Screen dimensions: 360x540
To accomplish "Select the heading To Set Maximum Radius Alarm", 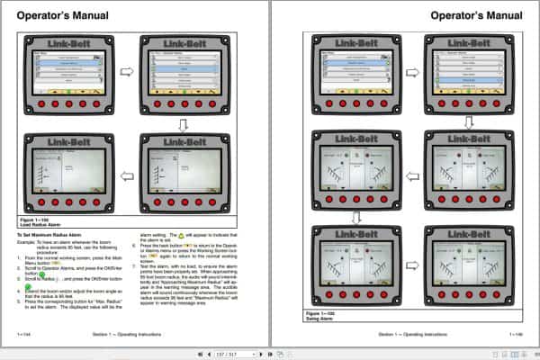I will (53, 233).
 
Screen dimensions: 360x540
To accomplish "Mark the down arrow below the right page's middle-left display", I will (355, 217).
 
